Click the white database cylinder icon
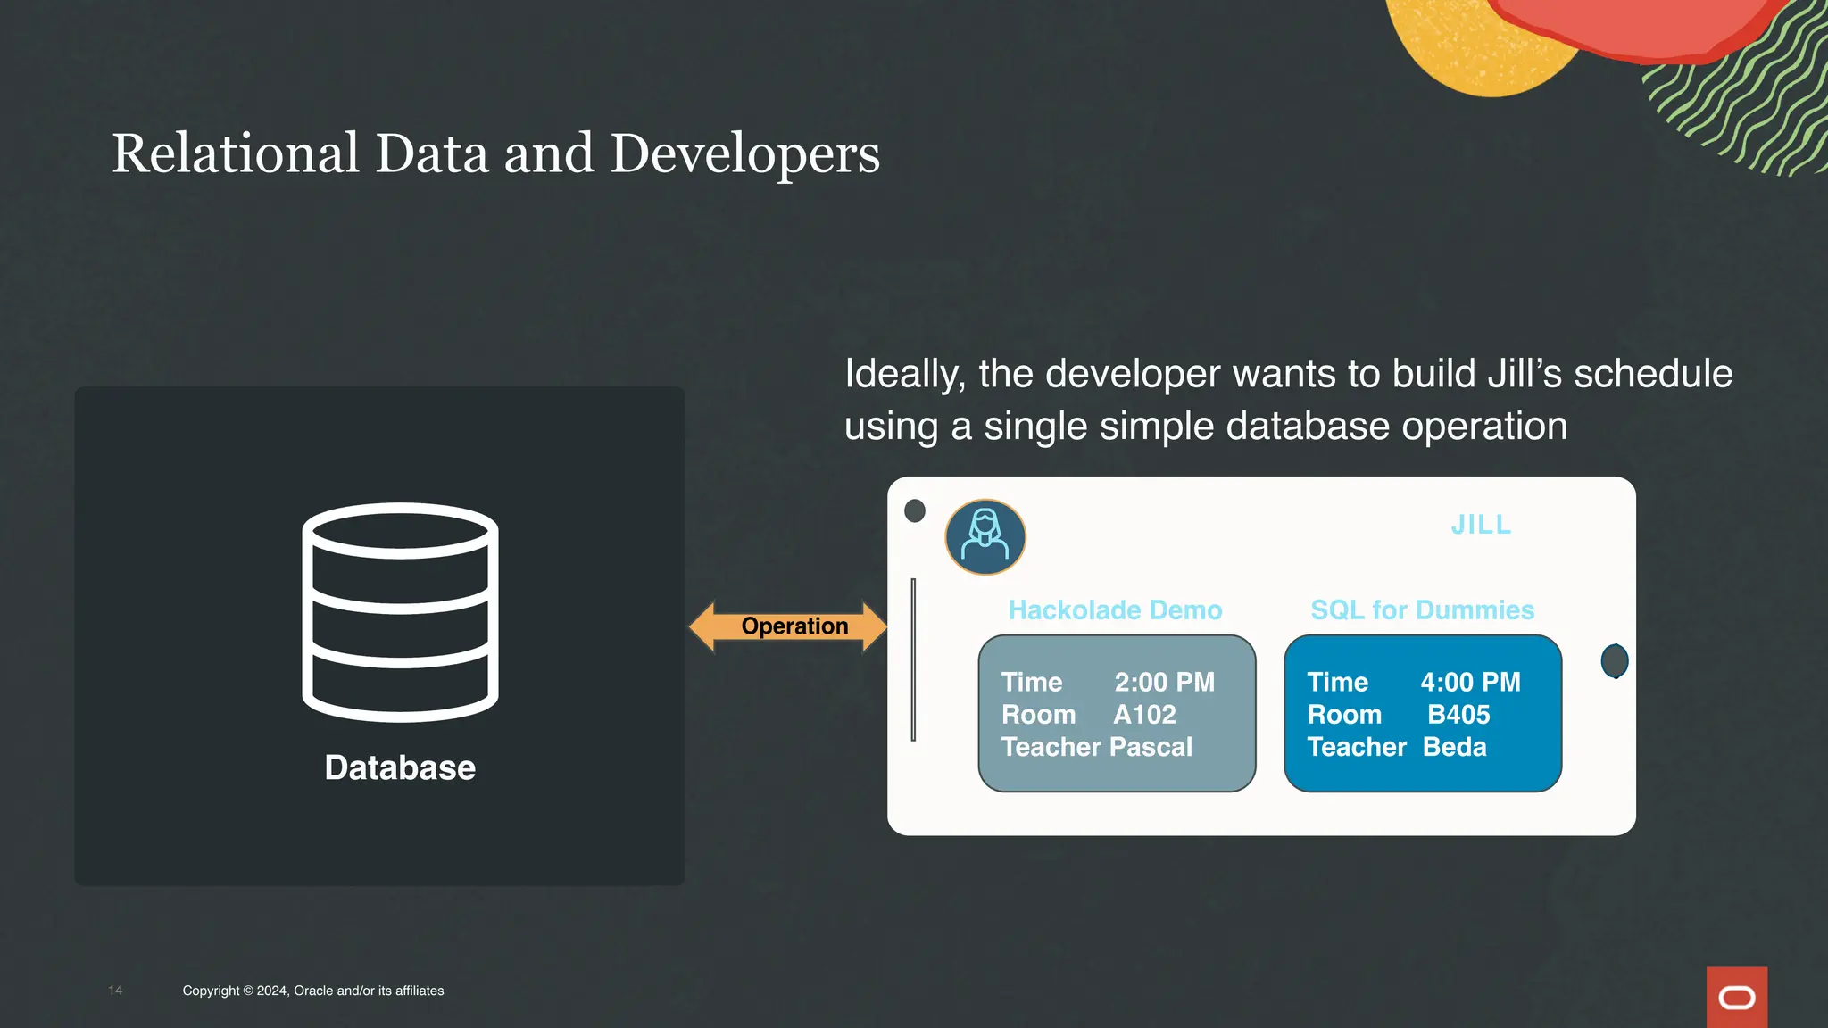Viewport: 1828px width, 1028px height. pyautogui.click(x=400, y=612)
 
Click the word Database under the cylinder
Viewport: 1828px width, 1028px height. pyautogui.click(x=400, y=767)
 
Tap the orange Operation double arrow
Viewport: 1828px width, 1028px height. pyautogui.click(x=789, y=626)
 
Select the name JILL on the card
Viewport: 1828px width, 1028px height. pyautogui.click(x=1481, y=525)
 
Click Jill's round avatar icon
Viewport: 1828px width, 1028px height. pyautogui.click(x=985, y=536)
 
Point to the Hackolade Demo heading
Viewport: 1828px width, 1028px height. pyautogui.click(x=1115, y=610)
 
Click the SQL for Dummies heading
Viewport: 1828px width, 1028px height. pyautogui.click(x=1422, y=610)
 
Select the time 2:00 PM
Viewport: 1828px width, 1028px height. pyautogui.click(x=1164, y=683)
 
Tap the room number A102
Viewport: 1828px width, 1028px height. pyautogui.click(x=1144, y=715)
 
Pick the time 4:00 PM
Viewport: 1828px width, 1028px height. pyautogui.click(x=1470, y=683)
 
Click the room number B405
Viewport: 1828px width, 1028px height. pyautogui.click(x=1458, y=715)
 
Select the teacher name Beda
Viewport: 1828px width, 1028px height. pyautogui.click(x=1454, y=747)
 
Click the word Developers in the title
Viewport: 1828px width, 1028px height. pyautogui.click(x=745, y=155)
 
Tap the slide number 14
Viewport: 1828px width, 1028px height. pyautogui.click(x=115, y=991)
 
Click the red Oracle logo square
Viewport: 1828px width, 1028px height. pyautogui.click(x=1736, y=997)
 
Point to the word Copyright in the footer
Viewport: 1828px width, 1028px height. pyautogui.click(x=211, y=991)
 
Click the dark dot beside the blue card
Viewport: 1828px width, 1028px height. pyautogui.click(x=1615, y=661)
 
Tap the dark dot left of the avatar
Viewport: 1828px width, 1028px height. pyautogui.click(x=915, y=510)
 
